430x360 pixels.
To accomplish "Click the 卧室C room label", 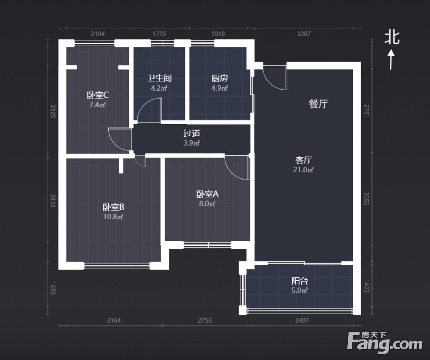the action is (98, 95).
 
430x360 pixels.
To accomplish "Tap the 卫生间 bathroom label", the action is (159, 78).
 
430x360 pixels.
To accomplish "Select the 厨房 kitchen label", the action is (220, 78).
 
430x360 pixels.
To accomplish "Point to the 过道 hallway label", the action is (191, 133).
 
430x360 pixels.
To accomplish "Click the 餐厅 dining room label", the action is (318, 104).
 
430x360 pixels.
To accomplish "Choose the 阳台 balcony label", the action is (300, 281).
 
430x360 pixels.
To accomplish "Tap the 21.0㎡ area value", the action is (303, 170).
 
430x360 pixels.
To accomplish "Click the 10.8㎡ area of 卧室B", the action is (113, 217).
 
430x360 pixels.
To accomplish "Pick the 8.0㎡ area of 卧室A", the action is (207, 203).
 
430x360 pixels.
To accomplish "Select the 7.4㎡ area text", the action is (97, 104).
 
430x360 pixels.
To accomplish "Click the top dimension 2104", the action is (97, 34).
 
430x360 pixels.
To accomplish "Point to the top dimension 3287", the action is (304, 34).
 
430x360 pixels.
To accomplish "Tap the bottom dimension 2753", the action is (205, 320).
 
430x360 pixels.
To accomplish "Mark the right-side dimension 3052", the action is (366, 199).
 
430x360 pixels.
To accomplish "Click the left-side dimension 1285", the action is (53, 288).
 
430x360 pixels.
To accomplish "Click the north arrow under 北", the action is (391, 60).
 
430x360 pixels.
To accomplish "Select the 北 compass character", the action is (392, 37).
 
